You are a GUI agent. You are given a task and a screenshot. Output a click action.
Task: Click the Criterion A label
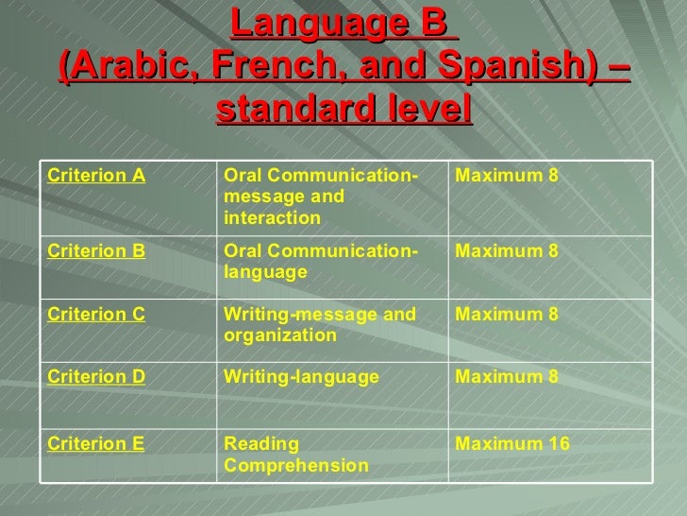pos(96,176)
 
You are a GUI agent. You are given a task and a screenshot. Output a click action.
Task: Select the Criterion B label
pos(96,251)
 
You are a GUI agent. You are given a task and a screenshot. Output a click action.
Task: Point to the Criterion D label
pos(96,378)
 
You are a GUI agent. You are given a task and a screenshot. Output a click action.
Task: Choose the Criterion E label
pos(96,443)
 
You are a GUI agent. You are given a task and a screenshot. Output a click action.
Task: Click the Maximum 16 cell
pos(512,443)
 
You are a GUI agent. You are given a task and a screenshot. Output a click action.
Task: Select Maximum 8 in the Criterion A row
pos(508,176)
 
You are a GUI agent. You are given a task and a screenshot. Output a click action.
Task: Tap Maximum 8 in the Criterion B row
pos(508,251)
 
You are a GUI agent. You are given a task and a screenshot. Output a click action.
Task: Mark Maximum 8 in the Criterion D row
pos(508,378)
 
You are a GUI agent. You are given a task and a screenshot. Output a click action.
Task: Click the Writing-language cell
pos(301,378)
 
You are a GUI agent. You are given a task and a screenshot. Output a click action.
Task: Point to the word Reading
pos(261,443)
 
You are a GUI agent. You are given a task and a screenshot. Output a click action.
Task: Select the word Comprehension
pos(296,466)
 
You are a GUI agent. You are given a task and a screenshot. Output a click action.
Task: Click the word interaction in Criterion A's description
pos(273,218)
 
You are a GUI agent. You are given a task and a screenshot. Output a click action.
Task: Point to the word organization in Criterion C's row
pos(279,336)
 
